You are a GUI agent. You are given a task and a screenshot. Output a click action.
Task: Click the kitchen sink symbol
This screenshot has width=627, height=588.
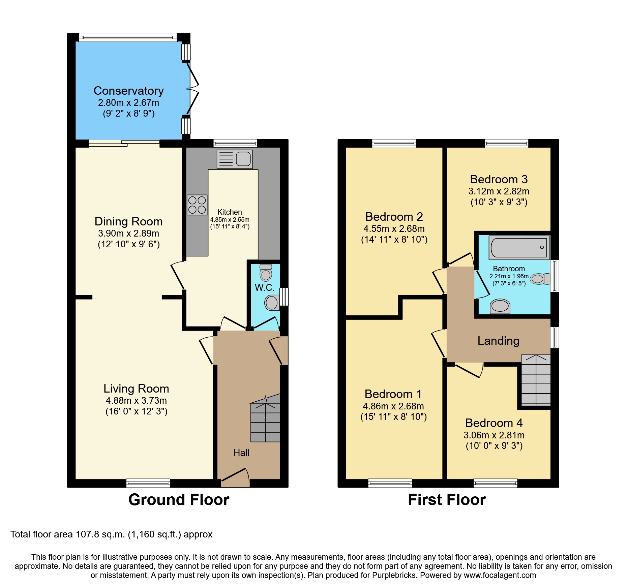click(x=235, y=159)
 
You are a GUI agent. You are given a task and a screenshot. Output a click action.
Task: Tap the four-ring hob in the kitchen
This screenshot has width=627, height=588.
click(x=197, y=205)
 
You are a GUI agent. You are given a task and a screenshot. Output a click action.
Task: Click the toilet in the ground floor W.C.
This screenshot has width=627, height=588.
click(x=266, y=273)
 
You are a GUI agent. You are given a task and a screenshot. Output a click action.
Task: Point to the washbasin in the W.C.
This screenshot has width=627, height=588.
click(x=272, y=303)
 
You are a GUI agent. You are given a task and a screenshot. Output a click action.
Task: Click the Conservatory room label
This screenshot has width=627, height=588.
click(x=128, y=91)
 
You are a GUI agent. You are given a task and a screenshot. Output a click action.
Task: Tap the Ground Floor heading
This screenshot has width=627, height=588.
click(x=179, y=500)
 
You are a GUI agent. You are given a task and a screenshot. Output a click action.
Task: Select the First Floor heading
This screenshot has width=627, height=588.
click(x=447, y=500)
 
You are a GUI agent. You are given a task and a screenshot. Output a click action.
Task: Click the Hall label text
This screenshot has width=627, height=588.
click(x=241, y=453)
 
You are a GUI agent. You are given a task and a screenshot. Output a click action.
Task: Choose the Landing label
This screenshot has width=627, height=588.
click(x=498, y=341)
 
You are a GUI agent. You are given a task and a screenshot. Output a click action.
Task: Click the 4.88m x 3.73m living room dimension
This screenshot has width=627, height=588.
click(x=136, y=400)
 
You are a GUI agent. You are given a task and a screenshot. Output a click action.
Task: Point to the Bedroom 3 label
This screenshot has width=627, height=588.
click(x=499, y=179)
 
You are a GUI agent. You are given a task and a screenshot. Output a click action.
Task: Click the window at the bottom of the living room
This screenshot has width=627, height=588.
click(x=148, y=483)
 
